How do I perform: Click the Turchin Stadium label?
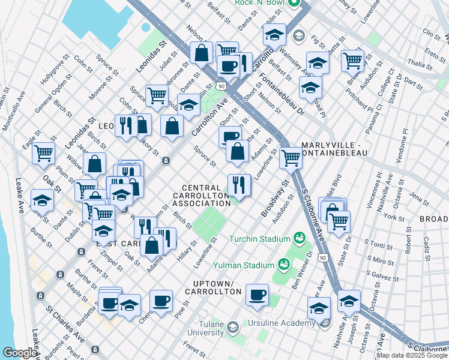260,239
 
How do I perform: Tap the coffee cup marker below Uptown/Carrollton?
258,295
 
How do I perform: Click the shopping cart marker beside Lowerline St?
291,158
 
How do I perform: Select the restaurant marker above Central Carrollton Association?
239,185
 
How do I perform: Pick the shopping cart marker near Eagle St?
43,153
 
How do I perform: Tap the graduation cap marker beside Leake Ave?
41,200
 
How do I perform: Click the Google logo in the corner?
20,353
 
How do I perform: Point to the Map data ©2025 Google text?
412,355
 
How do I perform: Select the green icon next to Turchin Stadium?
298,239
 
